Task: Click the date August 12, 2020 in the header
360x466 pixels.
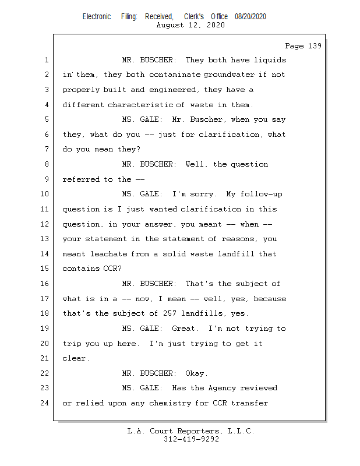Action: click(190, 25)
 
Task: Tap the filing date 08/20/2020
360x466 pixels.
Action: click(250, 17)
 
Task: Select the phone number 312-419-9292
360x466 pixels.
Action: click(191, 439)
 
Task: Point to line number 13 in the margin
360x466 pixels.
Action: click(44, 239)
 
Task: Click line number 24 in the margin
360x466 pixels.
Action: click(44, 403)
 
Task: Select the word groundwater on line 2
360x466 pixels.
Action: click(229, 75)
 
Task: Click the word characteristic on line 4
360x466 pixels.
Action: click(140, 105)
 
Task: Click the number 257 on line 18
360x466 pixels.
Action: click(170, 313)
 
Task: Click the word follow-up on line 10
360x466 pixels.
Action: click(262, 195)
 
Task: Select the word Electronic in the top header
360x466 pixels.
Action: click(97, 17)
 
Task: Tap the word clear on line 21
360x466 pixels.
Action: click(76, 358)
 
